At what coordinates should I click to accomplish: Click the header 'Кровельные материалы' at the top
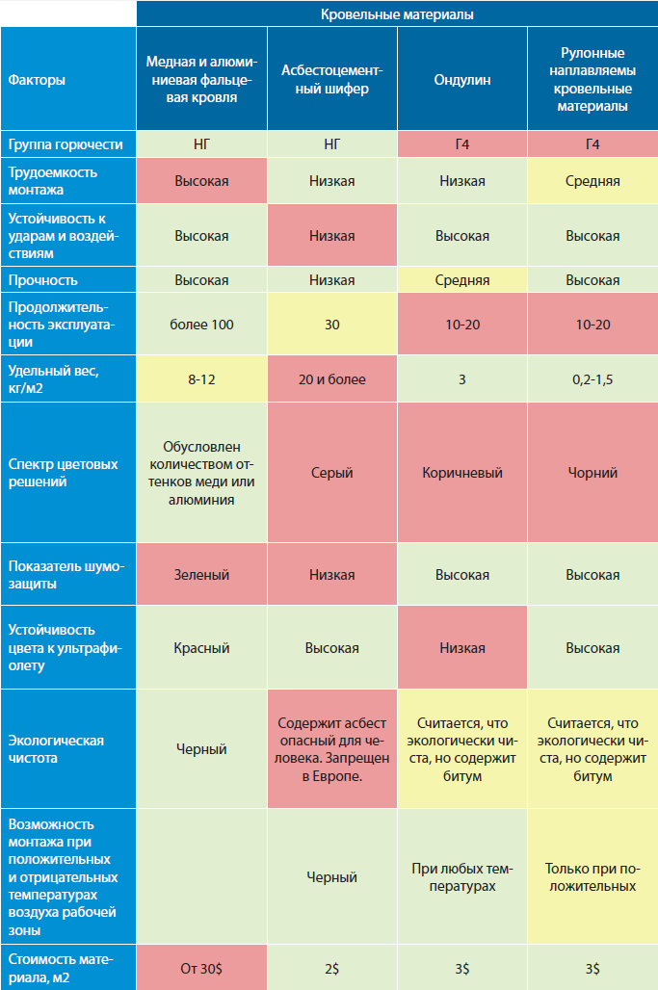click(397, 14)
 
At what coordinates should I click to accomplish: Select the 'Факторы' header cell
click(37, 80)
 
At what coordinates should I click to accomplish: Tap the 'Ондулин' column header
click(462, 80)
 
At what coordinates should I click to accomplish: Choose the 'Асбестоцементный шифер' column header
click(332, 80)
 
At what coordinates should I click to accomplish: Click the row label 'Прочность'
click(42, 280)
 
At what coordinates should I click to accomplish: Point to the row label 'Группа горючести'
click(66, 144)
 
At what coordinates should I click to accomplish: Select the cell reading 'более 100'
click(201, 325)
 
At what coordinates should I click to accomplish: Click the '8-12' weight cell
click(201, 379)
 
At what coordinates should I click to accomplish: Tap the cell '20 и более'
click(332, 379)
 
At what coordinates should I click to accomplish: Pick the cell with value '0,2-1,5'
click(592, 379)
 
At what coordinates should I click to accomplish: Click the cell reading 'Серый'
click(332, 473)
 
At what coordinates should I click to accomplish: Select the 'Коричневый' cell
click(462, 473)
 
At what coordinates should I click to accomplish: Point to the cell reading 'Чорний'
click(592, 473)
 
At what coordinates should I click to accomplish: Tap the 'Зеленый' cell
click(201, 575)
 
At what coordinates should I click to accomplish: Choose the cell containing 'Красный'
click(201, 648)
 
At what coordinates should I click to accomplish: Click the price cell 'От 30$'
click(201, 968)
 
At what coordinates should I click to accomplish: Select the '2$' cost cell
click(332, 968)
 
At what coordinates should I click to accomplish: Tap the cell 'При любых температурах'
click(462, 877)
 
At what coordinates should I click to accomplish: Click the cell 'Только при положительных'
click(592, 877)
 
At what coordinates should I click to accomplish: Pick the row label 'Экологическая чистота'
click(56, 749)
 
